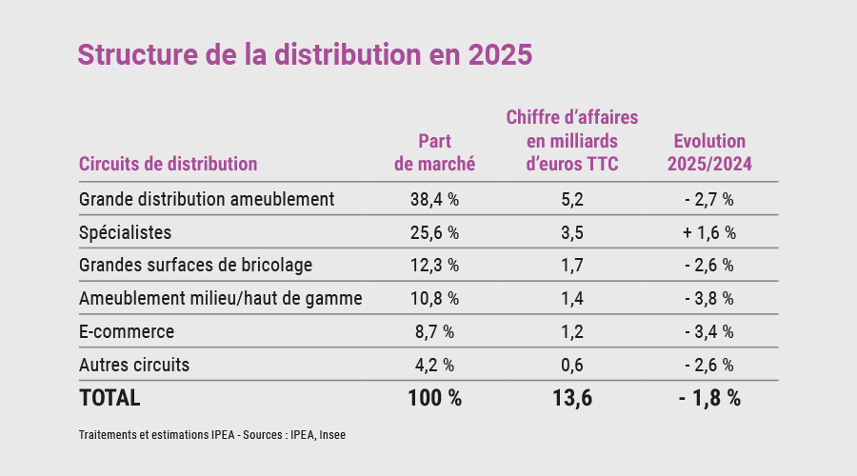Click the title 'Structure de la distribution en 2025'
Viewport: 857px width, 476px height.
305,54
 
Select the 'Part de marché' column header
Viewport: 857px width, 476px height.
434,152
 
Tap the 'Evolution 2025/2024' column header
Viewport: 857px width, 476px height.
709,152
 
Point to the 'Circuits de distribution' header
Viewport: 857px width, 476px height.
169,164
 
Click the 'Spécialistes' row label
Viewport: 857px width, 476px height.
126,232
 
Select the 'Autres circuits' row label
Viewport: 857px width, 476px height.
134,365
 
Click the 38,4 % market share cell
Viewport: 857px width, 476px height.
434,200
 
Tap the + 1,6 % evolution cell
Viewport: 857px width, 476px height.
709,232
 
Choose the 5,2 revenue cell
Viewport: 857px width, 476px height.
572,200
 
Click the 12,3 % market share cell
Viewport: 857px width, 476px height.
434,266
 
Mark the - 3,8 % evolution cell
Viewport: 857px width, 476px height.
709,299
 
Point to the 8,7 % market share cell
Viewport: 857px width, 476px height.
434,332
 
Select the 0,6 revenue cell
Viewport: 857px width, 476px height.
572,365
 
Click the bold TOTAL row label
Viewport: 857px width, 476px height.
110,398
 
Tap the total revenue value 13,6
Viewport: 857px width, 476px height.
572,398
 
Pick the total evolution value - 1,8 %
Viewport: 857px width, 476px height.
709,398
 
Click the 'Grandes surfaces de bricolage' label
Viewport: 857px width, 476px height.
196,266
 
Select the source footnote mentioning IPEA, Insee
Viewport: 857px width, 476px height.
211,435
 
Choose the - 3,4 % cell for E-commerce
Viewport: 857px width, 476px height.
709,332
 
